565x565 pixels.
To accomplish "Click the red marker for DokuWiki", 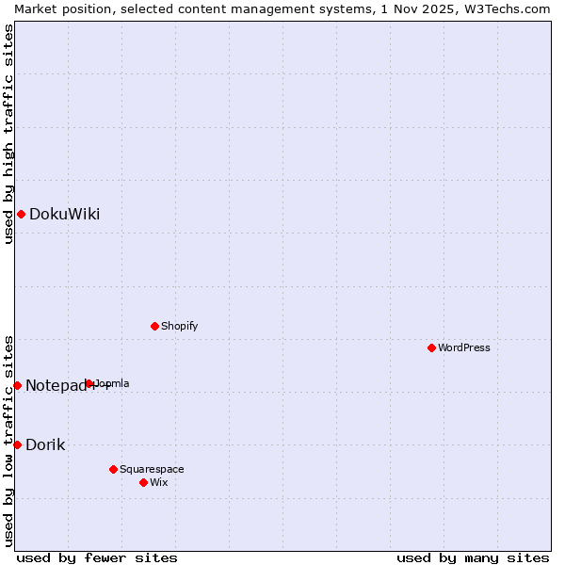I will tap(21, 215).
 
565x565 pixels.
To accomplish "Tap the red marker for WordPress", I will tap(431, 348).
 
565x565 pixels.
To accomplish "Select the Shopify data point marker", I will tap(154, 327).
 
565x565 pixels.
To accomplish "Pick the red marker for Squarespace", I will tap(113, 469).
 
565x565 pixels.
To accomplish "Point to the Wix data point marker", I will tap(143, 482).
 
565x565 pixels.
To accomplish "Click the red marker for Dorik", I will tap(17, 444).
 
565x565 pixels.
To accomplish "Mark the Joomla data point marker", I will tap(89, 384).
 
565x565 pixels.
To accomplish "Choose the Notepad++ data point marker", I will tap(17, 385).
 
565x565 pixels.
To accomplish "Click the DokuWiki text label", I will tap(64, 215).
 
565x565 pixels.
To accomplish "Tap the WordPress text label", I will tap(464, 348).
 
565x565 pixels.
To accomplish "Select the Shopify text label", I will tap(179, 327).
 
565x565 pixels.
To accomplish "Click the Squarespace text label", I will tap(152, 469).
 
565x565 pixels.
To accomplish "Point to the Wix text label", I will tap(159, 482).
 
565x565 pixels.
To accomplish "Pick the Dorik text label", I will tap(45, 444).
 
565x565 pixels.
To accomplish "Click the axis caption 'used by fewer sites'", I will tap(97, 557).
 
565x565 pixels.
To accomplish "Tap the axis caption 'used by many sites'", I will tap(473, 557).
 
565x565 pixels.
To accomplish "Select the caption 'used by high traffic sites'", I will tap(8, 134).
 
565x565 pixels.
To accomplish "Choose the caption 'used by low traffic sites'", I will tap(8, 440).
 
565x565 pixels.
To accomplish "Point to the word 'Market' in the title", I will tap(34, 8).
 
